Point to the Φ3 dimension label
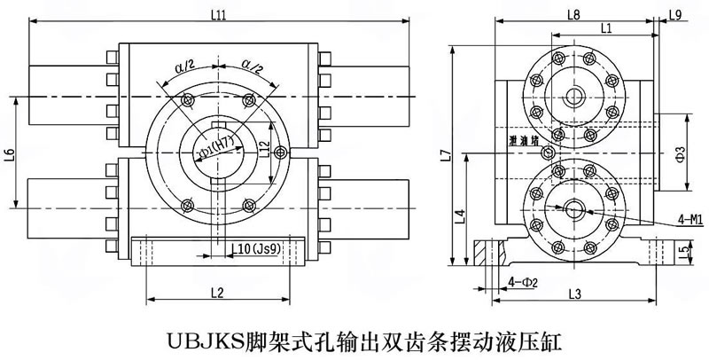pyautogui.click(x=680, y=151)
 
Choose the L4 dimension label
pyautogui.click(x=459, y=215)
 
